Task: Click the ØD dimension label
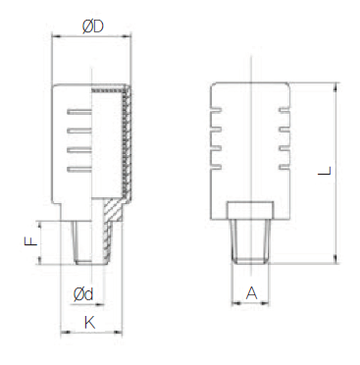tap(93, 26)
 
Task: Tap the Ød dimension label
tap(83, 294)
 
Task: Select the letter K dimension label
tap(90, 323)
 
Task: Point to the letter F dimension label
tap(31, 241)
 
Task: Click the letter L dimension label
tap(325, 171)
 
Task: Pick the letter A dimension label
tap(251, 293)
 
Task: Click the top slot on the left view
tap(79, 112)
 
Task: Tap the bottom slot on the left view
tap(79, 169)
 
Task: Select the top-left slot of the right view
tap(217, 111)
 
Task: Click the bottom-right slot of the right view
tap(284, 168)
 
